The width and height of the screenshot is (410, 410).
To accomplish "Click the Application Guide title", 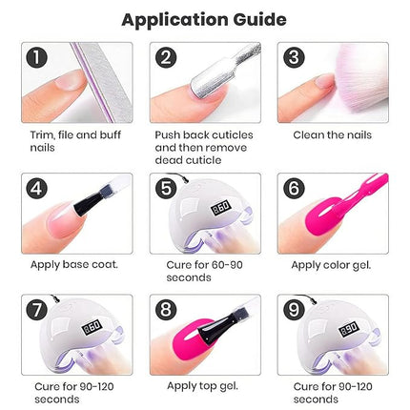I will [205, 18].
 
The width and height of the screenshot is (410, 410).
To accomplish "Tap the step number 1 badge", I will [37, 58].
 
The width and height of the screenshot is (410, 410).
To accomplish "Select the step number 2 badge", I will [167, 58].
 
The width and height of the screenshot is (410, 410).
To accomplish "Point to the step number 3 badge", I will [292, 58].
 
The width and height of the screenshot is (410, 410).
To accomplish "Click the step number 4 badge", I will [37, 189].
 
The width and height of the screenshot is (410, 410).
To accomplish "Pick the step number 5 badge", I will [167, 189].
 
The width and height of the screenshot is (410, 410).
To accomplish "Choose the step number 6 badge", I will [292, 189].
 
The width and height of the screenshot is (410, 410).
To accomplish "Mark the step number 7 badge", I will [37, 311].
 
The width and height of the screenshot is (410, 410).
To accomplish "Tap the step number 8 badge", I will [167, 311].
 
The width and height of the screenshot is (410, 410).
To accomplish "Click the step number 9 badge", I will [292, 311].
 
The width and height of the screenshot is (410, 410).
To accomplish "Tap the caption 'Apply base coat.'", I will [73, 263].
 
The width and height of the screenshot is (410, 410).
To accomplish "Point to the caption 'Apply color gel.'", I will [330, 263].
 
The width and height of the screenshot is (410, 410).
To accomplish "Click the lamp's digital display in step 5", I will [196, 207].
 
